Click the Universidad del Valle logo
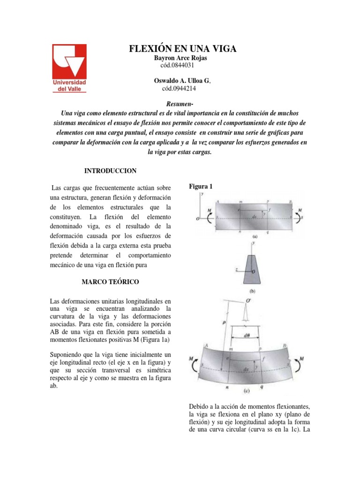(x=69, y=69)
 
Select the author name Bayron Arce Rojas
(x=180, y=58)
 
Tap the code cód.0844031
(x=177, y=65)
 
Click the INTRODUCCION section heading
(x=110, y=171)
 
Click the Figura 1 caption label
(x=201, y=187)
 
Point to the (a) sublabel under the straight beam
(x=255, y=237)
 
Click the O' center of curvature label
(x=256, y=300)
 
